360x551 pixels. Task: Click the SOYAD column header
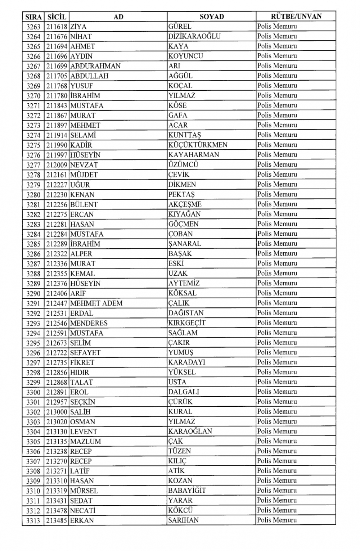coord(212,17)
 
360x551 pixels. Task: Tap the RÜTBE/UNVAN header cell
coord(296,16)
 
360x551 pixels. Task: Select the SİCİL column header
coord(57,17)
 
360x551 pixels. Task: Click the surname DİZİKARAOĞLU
coord(194,36)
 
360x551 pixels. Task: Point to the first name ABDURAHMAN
coord(95,66)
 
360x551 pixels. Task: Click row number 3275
coord(33,145)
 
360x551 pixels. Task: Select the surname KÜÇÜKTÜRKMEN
coord(198,145)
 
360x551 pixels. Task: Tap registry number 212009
coord(57,165)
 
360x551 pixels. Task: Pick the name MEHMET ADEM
coord(96,303)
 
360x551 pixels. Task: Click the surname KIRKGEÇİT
coord(187,323)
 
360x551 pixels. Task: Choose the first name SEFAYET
coord(85,353)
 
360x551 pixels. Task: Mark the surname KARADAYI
coord(186,362)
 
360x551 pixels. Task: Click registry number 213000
coord(57,412)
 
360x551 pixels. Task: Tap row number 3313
coord(33,520)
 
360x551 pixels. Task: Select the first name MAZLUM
coord(85,441)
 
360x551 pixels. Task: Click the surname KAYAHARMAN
coord(194,155)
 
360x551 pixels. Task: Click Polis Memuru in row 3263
coord(277,26)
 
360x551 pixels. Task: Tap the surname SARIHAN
coord(183,520)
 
